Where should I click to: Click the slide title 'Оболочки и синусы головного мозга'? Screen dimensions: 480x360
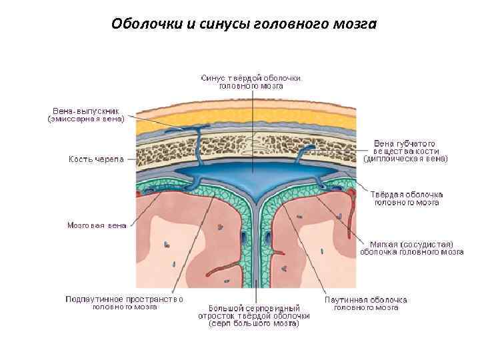point(244,25)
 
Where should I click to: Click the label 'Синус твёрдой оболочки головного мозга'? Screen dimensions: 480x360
point(251,81)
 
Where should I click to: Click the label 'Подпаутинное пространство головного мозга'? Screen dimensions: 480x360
point(124,303)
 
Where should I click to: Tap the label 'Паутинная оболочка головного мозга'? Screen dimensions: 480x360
point(365,303)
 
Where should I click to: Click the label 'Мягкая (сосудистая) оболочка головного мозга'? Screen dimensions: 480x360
point(411,248)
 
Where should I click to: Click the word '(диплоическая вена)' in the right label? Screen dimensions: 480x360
point(405,159)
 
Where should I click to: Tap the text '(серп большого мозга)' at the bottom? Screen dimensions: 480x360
point(254,325)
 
